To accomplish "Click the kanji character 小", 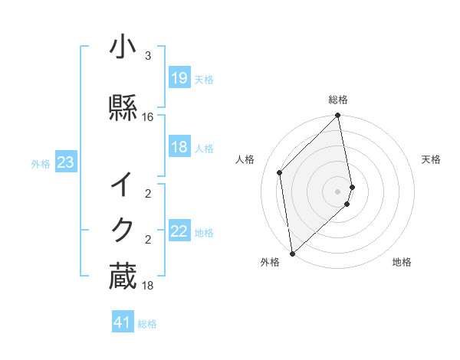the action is click(x=123, y=48).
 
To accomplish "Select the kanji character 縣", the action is click(x=123, y=107).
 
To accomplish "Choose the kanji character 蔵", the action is click(x=123, y=276).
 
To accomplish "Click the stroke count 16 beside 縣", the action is click(x=148, y=117).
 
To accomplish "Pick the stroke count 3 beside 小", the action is click(x=148, y=56).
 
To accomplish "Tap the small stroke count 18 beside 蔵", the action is click(x=148, y=286).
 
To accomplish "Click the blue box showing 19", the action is click(x=179, y=77).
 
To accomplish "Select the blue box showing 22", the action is click(x=179, y=231).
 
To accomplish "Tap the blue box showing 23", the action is click(x=65, y=162).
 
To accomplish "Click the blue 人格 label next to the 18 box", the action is click(x=204, y=149).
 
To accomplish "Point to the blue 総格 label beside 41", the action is click(x=147, y=324).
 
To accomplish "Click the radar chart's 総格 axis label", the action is click(x=338, y=100).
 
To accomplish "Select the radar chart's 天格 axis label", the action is click(x=431, y=159).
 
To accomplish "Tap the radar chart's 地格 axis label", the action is click(x=402, y=262).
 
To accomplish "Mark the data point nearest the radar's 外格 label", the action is click(x=292, y=253).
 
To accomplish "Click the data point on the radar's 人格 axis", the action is click(x=280, y=172).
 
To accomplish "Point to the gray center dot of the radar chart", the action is click(x=338, y=191).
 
